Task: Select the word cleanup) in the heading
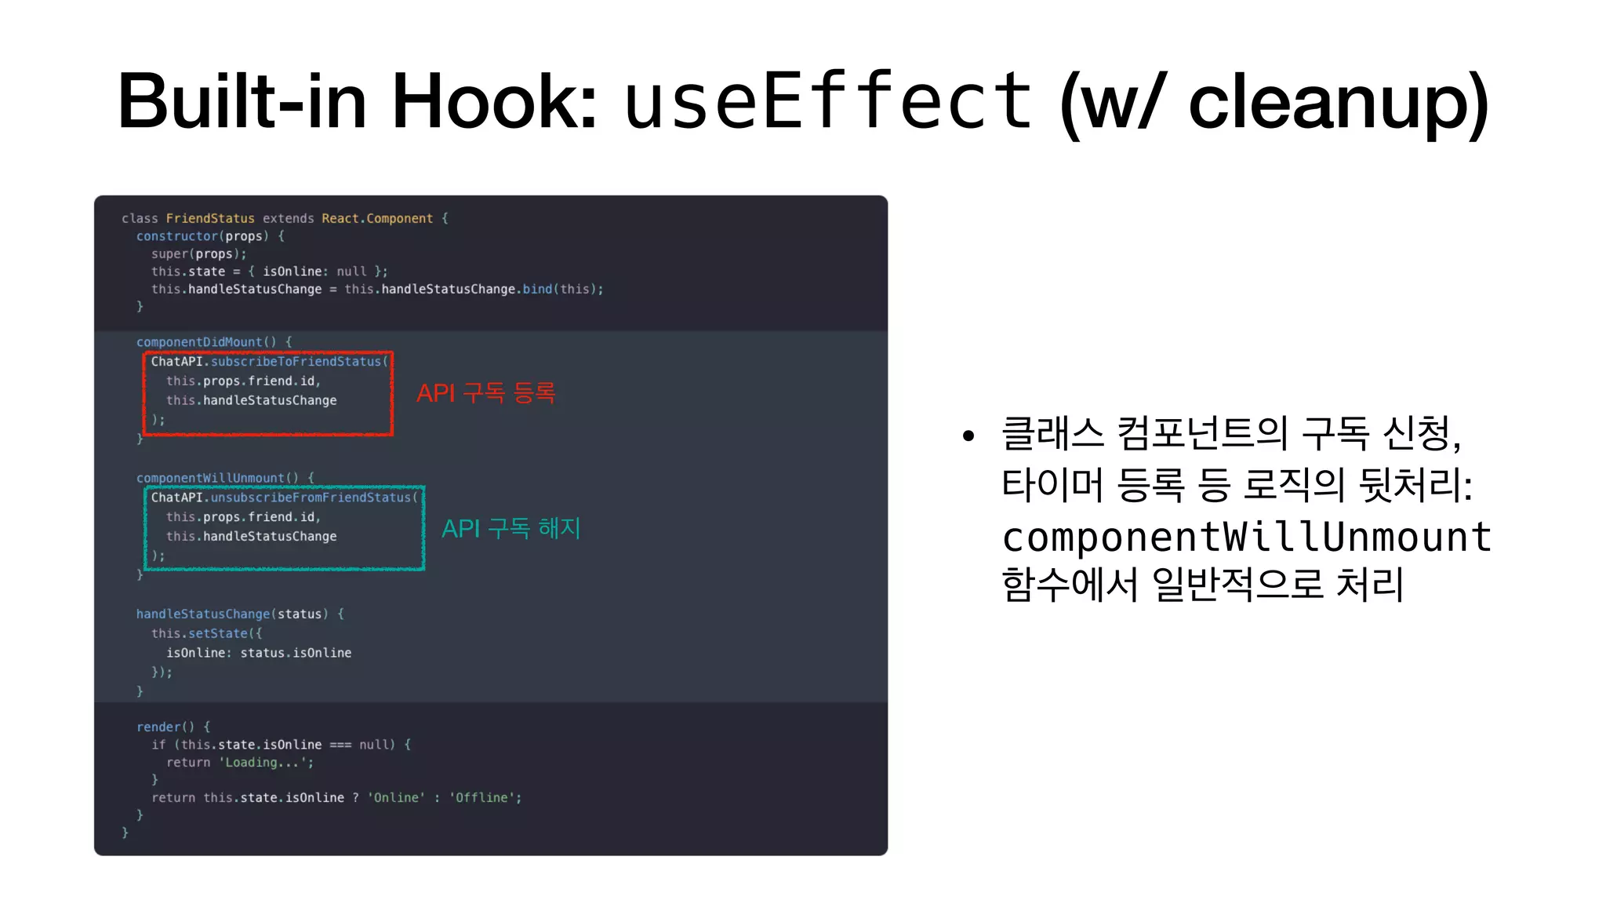point(1338,102)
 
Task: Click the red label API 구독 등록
point(485,392)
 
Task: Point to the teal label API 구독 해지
point(511,528)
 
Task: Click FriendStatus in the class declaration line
point(210,218)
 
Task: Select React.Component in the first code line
point(377,218)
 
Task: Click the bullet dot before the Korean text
point(968,436)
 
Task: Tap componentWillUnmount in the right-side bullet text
point(1247,537)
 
